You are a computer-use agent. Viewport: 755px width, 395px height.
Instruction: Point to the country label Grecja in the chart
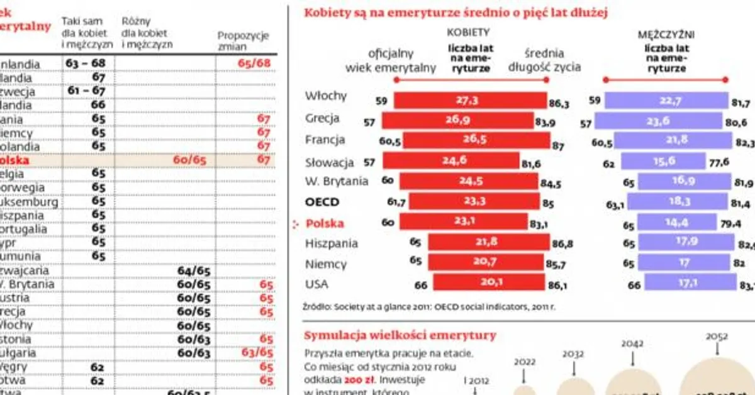click(x=322, y=118)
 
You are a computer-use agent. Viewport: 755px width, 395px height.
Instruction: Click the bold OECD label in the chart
click(x=322, y=202)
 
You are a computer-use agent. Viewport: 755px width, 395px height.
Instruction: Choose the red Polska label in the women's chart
click(x=325, y=223)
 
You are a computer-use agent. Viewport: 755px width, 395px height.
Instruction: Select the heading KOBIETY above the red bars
click(x=468, y=31)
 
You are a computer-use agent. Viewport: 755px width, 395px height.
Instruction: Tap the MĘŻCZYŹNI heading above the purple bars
click(x=666, y=31)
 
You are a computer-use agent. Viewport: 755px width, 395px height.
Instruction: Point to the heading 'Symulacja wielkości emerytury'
click(x=400, y=335)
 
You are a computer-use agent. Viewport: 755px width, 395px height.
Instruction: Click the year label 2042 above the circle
click(x=632, y=343)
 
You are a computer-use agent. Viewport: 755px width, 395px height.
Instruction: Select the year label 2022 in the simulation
click(x=525, y=362)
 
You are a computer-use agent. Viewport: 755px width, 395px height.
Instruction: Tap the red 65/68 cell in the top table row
click(x=254, y=64)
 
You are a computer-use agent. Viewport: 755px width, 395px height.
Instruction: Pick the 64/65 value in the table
click(x=194, y=270)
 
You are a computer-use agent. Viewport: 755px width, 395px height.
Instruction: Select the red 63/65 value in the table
click(x=257, y=353)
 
